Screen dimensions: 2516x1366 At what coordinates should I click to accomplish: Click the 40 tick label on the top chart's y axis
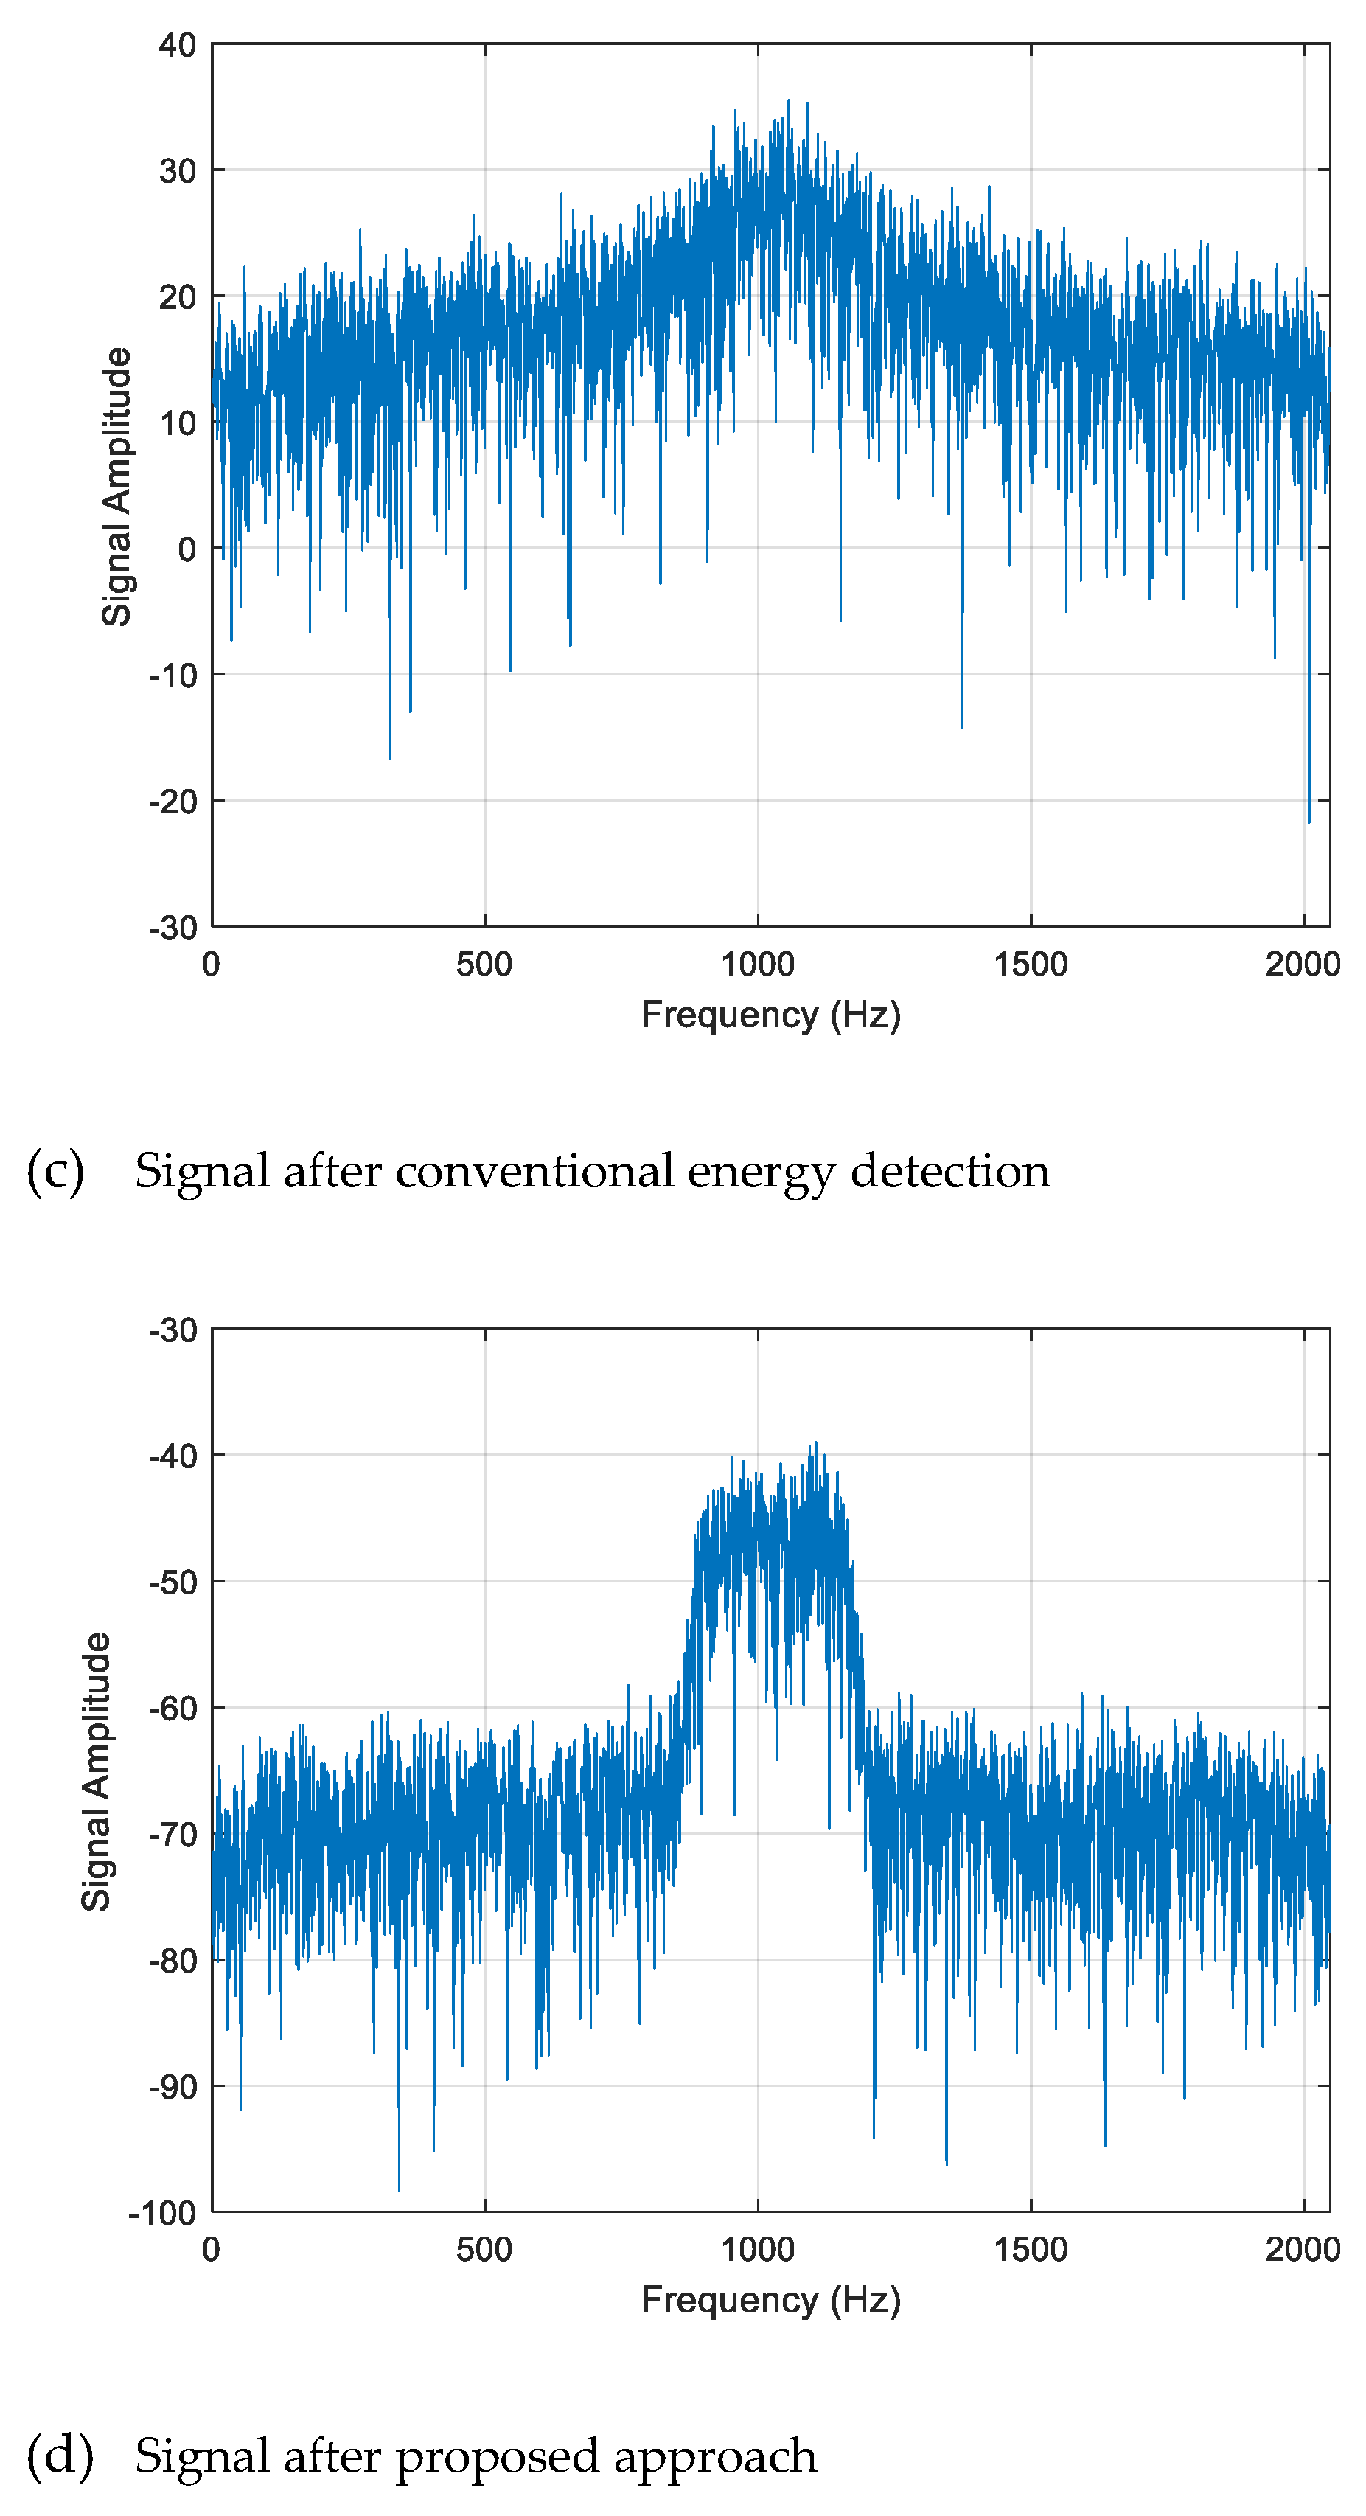pyautogui.click(x=177, y=45)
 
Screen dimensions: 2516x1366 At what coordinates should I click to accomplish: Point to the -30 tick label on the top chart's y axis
pyautogui.click(x=173, y=927)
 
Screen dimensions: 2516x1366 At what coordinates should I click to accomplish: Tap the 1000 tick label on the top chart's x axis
pyautogui.click(x=757, y=964)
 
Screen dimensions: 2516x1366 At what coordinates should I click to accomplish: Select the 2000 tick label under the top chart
pyautogui.click(x=1302, y=964)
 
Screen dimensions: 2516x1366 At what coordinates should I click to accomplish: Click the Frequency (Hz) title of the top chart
pyautogui.click(x=770, y=1015)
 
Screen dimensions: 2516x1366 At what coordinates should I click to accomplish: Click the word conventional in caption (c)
pyautogui.click(x=535, y=1170)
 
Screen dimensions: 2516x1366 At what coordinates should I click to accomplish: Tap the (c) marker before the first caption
pyautogui.click(x=55, y=1170)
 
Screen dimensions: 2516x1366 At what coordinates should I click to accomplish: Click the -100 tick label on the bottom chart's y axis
pyautogui.click(x=162, y=2212)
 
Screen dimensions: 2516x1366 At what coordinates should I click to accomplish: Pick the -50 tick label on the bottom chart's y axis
pyautogui.click(x=173, y=1581)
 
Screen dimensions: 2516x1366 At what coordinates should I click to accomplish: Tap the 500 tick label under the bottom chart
pyautogui.click(x=484, y=2249)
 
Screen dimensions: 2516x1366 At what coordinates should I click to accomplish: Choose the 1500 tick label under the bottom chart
pyautogui.click(x=1030, y=2249)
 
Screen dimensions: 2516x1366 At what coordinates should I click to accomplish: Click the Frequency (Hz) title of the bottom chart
pyautogui.click(x=770, y=2300)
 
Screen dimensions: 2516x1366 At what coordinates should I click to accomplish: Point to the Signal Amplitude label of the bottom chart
pyautogui.click(x=96, y=1770)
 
